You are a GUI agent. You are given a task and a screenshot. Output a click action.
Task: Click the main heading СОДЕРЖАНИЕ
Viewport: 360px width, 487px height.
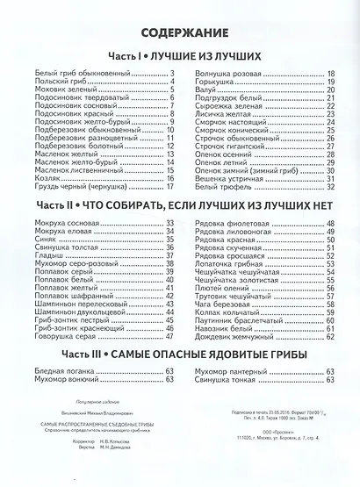[180, 32]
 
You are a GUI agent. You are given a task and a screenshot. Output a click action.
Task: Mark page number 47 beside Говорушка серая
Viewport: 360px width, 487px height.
[172, 335]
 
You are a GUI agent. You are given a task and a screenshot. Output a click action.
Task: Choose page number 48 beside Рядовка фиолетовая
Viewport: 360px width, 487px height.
[331, 221]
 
